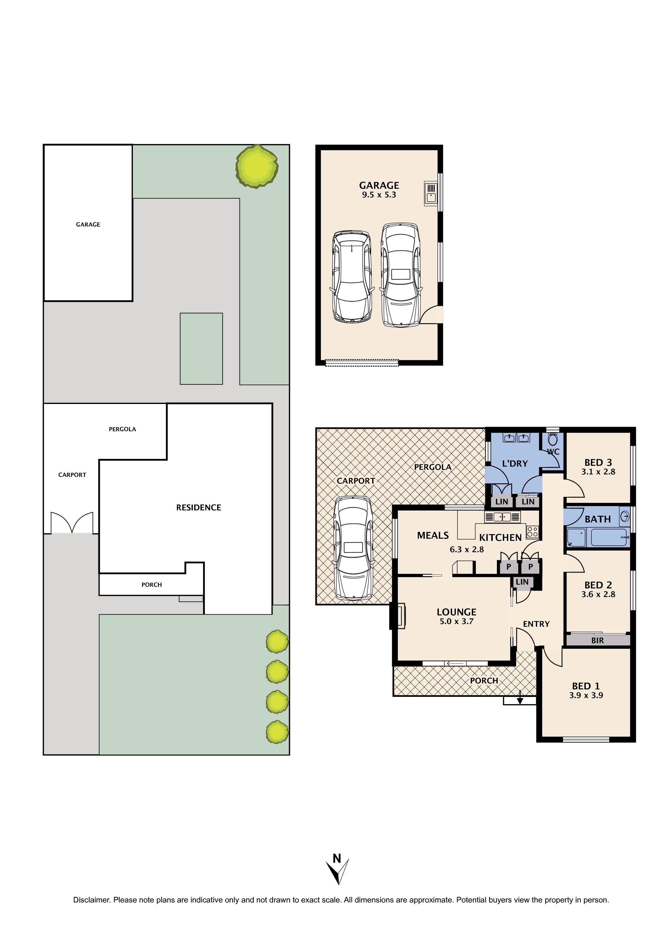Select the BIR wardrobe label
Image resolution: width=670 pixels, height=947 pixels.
pos(597,641)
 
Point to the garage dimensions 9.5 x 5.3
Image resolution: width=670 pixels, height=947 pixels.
pos(379,195)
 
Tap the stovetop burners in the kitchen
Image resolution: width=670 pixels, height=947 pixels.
pos(532,532)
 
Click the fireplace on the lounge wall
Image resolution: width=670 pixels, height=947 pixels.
pos(399,616)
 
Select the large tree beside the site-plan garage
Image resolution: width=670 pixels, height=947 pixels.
pos(257,167)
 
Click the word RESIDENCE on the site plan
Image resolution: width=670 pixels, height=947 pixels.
pos(198,507)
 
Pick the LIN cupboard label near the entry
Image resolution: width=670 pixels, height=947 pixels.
pos(522,582)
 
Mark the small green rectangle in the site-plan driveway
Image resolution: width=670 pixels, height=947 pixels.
pos(201,349)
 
